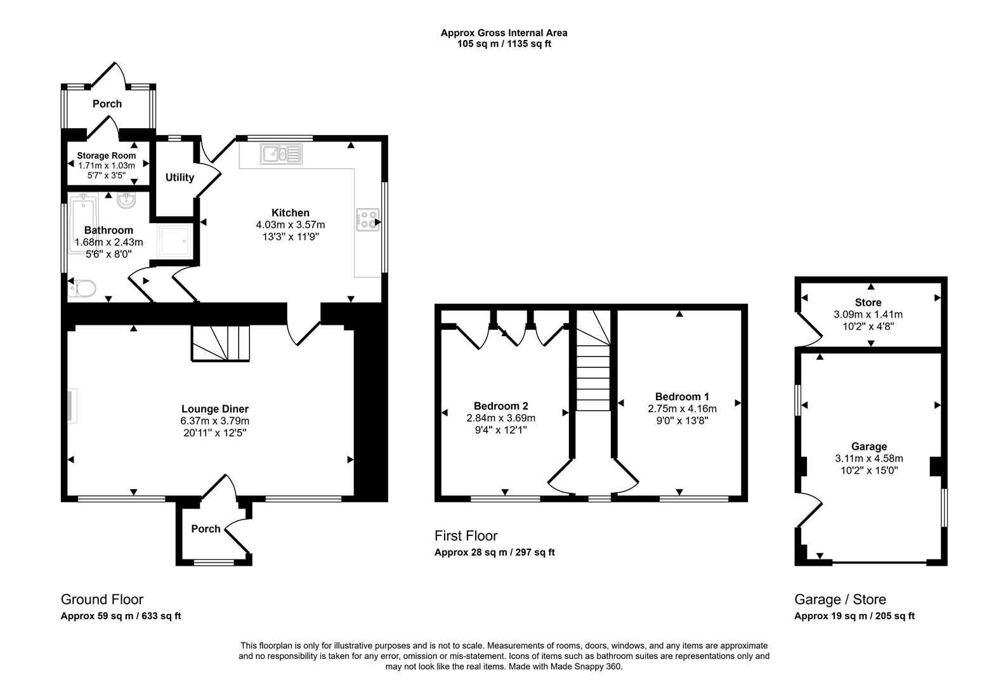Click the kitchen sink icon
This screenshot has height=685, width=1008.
[x=281, y=153]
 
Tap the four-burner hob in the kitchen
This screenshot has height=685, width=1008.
[x=367, y=219]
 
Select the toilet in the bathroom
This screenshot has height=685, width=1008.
[x=82, y=289]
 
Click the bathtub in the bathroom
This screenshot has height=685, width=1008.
[x=83, y=225]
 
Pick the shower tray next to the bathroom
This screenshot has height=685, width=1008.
[x=173, y=241]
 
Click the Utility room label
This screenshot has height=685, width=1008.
[x=180, y=178]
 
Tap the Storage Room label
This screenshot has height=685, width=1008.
[x=107, y=155]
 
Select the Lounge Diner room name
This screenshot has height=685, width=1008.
[x=215, y=409]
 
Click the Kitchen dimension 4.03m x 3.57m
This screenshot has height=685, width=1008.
[x=291, y=225]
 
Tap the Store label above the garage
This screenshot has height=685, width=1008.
[x=868, y=303]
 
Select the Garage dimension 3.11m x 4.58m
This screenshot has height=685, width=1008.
[x=869, y=459]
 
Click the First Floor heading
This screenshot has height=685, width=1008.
[x=466, y=536]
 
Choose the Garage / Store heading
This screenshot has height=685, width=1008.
[x=840, y=599]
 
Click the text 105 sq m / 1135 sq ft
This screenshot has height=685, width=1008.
[x=504, y=44]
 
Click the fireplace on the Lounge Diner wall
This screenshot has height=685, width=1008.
[x=71, y=406]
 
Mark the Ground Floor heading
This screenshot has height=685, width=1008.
[x=102, y=599]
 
